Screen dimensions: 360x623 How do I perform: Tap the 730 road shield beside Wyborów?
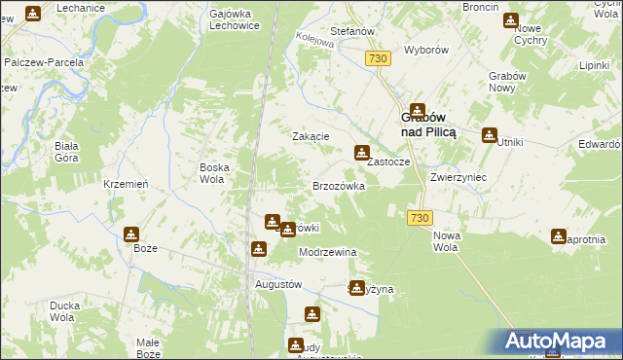(x=379, y=59)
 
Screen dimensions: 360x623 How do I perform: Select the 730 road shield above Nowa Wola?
(x=420, y=218)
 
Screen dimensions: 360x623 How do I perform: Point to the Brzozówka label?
(x=338, y=185)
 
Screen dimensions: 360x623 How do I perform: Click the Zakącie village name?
(x=311, y=137)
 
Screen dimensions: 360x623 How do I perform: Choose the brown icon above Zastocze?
(x=362, y=151)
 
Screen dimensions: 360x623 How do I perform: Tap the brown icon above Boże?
(x=131, y=234)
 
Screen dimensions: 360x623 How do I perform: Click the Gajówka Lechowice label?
(x=233, y=20)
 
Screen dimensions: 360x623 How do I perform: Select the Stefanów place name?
(x=353, y=31)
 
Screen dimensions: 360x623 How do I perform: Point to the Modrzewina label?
(x=328, y=252)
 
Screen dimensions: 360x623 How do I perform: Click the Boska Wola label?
(x=214, y=172)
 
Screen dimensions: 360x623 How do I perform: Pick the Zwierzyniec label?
(x=458, y=179)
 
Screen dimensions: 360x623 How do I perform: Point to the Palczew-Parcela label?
(x=45, y=61)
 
